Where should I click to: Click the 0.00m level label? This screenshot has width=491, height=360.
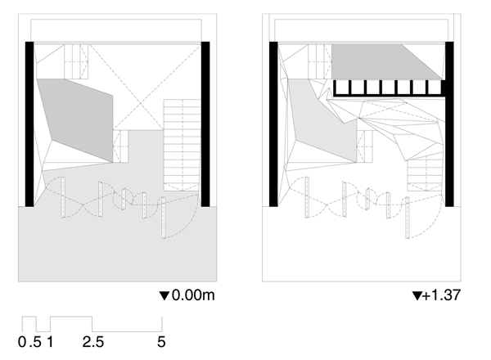tap(193, 295)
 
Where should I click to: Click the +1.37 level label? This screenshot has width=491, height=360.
tap(442, 295)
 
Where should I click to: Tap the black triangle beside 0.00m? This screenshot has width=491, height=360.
tap(164, 296)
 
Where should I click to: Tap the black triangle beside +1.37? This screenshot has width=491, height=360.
tap(417, 296)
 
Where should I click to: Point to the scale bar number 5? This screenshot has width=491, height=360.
tap(161, 341)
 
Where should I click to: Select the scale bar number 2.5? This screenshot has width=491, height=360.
tap(93, 341)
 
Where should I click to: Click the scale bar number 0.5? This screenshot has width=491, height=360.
tap(29, 341)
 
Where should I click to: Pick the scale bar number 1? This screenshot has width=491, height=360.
tap(50, 341)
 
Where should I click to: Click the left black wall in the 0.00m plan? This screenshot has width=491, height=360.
tap(29, 124)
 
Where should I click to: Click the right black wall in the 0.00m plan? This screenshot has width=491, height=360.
tap(205, 124)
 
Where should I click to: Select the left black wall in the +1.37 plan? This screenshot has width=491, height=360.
tap(273, 124)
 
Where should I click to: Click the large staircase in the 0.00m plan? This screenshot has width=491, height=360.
tap(182, 146)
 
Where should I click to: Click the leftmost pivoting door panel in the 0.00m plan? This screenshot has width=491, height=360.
tap(63, 197)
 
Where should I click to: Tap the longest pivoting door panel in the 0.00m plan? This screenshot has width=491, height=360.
tap(163, 218)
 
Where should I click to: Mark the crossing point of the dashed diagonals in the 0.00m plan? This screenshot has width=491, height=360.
tap(141, 103)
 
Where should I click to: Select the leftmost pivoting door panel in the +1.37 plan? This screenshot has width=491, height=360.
tap(307, 197)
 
